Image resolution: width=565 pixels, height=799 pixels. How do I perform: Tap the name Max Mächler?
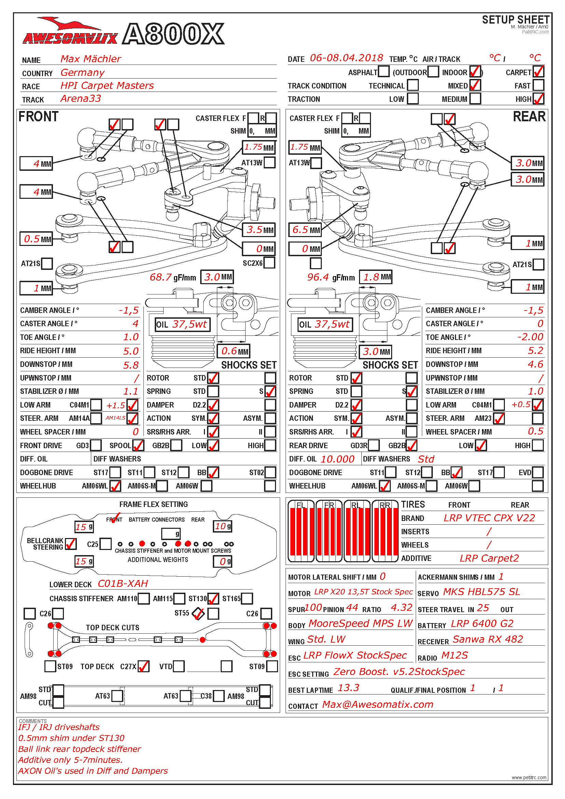(91, 59)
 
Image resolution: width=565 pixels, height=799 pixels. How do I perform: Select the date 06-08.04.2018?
(346, 58)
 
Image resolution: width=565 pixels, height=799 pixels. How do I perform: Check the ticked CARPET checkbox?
(538, 72)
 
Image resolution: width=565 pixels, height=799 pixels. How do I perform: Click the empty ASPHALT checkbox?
(383, 72)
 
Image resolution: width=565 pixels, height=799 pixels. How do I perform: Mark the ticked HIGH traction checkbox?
(538, 99)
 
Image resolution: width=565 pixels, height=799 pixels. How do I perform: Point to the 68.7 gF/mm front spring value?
(161, 277)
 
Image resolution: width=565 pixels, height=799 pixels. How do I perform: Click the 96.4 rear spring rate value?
(318, 277)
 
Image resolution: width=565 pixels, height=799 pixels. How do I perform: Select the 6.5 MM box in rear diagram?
(305, 230)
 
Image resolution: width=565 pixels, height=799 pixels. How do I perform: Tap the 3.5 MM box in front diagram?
(259, 230)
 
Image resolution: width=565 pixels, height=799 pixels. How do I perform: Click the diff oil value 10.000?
(337, 459)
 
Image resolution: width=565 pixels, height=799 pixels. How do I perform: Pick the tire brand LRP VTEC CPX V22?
(489, 518)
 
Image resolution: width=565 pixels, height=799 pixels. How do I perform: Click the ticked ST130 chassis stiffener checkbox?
(213, 598)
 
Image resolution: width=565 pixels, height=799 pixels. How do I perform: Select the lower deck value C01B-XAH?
(123, 583)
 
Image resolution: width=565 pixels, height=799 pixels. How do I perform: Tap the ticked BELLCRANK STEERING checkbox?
(71, 544)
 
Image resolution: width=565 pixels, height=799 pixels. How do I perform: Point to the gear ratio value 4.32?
(401, 608)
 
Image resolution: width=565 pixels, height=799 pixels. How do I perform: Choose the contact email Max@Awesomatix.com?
(377, 704)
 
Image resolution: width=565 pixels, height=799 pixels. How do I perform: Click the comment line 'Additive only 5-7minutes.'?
(70, 760)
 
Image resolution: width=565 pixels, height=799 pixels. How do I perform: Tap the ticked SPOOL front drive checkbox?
(138, 445)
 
